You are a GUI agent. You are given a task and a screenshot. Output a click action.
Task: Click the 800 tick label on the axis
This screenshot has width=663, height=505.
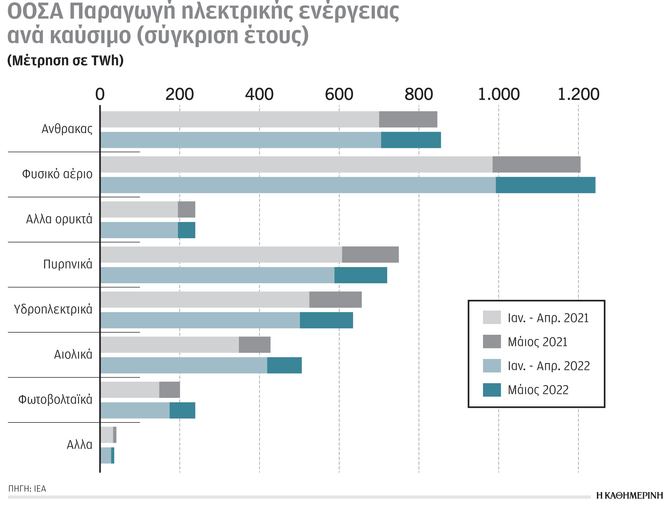click(x=419, y=95)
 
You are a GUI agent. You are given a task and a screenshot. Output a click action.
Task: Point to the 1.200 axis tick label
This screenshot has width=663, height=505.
click(x=579, y=95)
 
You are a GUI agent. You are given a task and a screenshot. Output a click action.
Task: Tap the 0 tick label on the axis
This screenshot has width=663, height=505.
click(x=100, y=95)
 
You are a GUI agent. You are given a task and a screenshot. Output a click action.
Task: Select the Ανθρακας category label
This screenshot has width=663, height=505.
click(x=67, y=129)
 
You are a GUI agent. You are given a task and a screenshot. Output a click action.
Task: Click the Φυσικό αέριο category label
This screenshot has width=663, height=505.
click(x=57, y=174)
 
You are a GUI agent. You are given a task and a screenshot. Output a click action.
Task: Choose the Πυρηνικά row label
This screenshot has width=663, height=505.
click(x=68, y=264)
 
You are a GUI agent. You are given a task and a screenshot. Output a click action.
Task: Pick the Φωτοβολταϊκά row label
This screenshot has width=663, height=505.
click(x=55, y=400)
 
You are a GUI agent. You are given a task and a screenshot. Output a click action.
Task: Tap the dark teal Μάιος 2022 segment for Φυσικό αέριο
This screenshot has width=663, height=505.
click(x=545, y=185)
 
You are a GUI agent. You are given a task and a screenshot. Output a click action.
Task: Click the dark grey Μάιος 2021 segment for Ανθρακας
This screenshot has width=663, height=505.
click(x=408, y=119)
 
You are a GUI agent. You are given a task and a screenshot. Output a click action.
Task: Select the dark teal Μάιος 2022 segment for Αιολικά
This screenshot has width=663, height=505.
click(x=284, y=365)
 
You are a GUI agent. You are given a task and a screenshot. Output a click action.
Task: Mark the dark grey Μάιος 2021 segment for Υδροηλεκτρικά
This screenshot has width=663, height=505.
click(x=335, y=300)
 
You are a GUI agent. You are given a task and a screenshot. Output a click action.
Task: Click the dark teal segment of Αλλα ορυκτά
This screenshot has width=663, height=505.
click(x=186, y=230)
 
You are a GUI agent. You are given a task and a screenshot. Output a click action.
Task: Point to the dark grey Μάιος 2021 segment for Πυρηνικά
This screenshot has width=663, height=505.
click(x=370, y=255)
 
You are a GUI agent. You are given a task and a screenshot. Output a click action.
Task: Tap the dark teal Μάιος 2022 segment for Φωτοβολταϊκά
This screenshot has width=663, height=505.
click(x=182, y=410)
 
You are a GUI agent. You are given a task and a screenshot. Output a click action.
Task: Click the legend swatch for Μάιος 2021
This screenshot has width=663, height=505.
click(x=492, y=342)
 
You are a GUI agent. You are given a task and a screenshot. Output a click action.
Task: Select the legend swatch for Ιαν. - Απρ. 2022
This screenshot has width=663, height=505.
click(x=492, y=366)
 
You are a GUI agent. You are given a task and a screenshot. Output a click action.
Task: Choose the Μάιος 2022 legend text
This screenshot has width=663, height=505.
click(x=538, y=390)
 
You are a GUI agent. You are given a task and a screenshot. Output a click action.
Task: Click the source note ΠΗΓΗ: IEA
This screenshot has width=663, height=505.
click(x=27, y=488)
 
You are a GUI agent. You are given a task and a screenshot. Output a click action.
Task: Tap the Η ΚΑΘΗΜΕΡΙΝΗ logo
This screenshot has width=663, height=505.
click(x=629, y=495)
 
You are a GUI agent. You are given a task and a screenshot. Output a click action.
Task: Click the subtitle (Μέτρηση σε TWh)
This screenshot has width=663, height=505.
click(x=65, y=61)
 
